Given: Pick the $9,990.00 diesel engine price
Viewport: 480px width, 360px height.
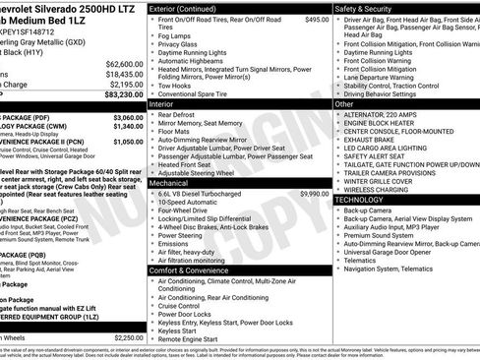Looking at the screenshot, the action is point(314,167).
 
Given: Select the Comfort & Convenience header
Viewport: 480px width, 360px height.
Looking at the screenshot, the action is point(193,270).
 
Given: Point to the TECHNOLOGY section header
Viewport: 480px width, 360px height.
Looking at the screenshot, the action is point(366,199).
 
